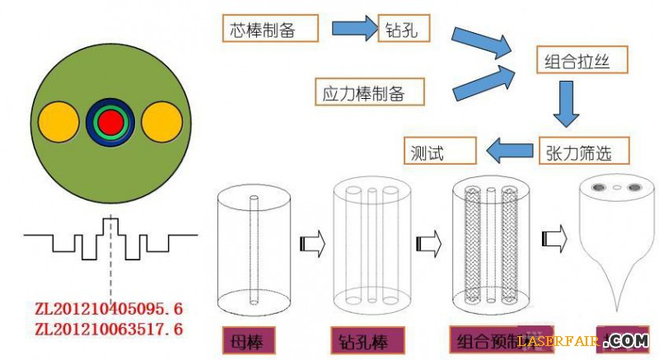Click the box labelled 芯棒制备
point(270,30)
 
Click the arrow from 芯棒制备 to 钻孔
point(353,30)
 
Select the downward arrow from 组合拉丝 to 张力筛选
point(568,104)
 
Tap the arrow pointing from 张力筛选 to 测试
point(509,151)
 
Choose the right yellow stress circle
point(161,121)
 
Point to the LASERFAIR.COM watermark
point(582,340)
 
